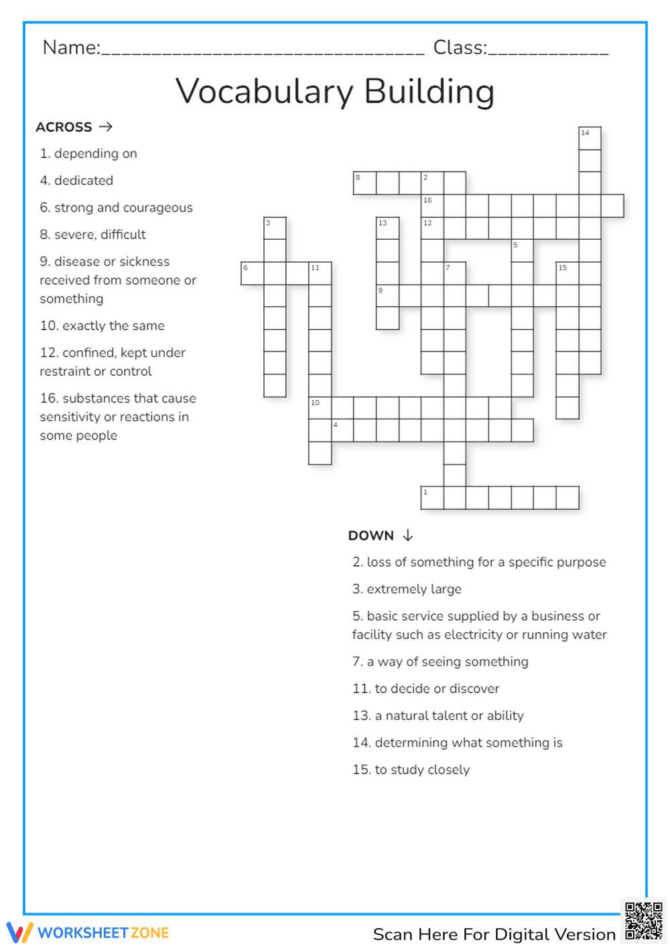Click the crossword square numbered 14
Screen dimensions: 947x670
click(590, 139)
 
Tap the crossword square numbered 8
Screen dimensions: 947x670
click(364, 184)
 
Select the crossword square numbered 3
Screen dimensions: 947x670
click(275, 228)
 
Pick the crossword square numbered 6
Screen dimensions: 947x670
click(252, 273)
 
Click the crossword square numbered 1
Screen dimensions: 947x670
click(432, 498)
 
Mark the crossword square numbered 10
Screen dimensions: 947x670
click(320, 408)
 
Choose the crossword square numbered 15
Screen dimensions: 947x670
click(567, 273)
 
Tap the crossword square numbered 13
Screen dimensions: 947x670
click(387, 228)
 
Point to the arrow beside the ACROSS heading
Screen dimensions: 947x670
click(105, 127)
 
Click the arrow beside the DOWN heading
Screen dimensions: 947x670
click(408, 535)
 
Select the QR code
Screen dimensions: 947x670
click(643, 921)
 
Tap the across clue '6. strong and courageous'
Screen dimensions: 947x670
click(116, 208)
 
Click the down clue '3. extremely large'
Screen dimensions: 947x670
click(407, 589)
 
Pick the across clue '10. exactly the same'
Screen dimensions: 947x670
click(102, 325)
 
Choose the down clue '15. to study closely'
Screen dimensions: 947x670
click(411, 770)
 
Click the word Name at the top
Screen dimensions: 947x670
click(70, 48)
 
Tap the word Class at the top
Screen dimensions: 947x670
click(459, 48)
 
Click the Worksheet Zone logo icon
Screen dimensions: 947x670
click(19, 932)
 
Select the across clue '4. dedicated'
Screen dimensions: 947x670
click(76, 181)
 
